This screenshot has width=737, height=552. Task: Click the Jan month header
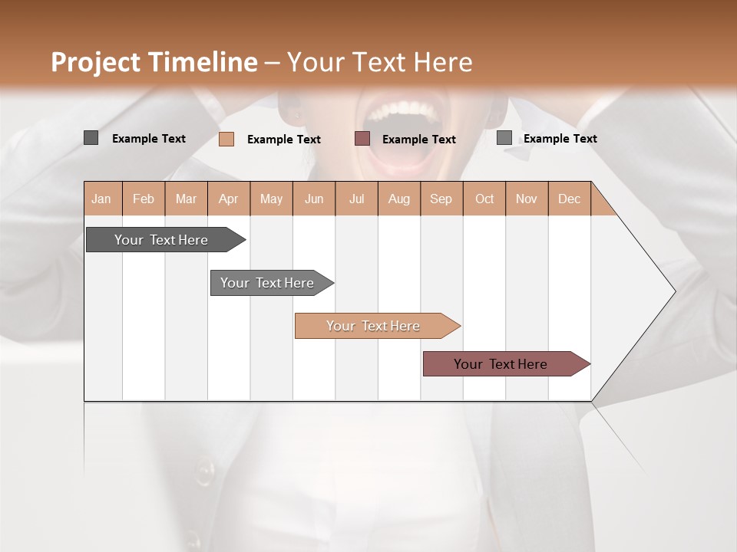[x=101, y=199]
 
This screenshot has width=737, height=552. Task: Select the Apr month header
[x=229, y=199]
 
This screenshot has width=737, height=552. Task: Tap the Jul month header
[x=357, y=199]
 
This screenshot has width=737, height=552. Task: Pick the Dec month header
[x=569, y=199]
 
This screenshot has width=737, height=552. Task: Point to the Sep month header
[x=441, y=199]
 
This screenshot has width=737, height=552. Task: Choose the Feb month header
[x=144, y=199]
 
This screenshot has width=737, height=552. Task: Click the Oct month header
[x=484, y=199]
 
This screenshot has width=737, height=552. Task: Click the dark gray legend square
[x=91, y=138]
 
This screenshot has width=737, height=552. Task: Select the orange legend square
[x=226, y=139]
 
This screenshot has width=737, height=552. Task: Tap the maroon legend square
[x=362, y=139]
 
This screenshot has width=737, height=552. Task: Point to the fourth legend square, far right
[x=504, y=138]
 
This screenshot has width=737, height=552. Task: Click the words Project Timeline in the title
[x=154, y=62]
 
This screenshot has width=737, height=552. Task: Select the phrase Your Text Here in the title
[x=380, y=62]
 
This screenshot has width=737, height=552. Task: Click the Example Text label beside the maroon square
[x=419, y=140]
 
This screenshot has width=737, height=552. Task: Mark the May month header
[x=271, y=199]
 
